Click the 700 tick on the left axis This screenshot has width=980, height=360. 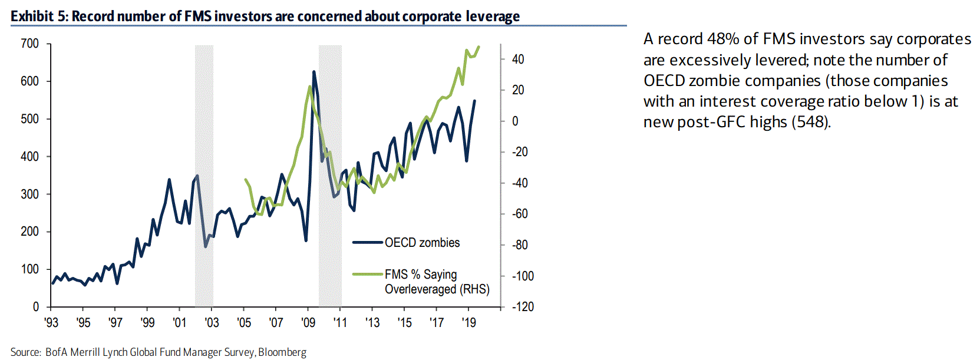click(x=29, y=44)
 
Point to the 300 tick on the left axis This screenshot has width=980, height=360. click(x=29, y=194)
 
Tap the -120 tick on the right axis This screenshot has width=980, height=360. click(x=523, y=306)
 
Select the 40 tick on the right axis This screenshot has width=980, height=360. click(x=517, y=59)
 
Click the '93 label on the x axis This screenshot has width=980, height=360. click(x=51, y=322)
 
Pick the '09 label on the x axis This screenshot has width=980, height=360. click(x=308, y=322)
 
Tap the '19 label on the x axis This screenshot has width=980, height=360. click(x=468, y=322)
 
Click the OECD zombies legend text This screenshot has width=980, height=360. click(x=422, y=242)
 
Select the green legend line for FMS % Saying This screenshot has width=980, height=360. click(x=368, y=274)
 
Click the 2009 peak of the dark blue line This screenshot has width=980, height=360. click(x=314, y=72)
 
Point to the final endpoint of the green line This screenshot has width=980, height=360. click(x=479, y=47)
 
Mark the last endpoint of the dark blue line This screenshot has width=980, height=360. click(x=475, y=101)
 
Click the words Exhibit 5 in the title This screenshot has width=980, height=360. click(x=38, y=16)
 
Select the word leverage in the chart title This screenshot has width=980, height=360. click(x=493, y=16)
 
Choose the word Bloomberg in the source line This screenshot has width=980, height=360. click(x=282, y=352)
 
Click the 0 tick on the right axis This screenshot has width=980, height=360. click(x=515, y=121)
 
